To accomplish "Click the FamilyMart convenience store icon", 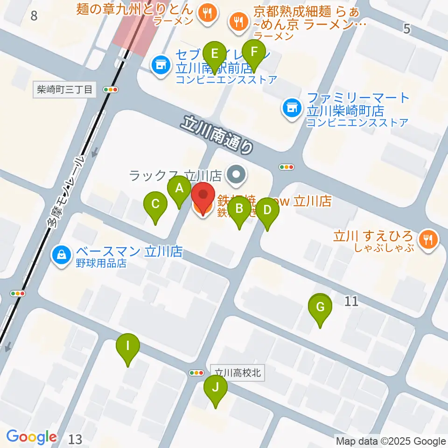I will point(291,109).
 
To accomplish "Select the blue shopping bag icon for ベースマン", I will point(61,255).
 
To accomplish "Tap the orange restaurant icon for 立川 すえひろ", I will point(427,239).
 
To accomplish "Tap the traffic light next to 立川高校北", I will point(196,372).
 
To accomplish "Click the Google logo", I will point(32,437).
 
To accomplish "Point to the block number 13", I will point(75,439).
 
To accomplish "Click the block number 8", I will point(34,16).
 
